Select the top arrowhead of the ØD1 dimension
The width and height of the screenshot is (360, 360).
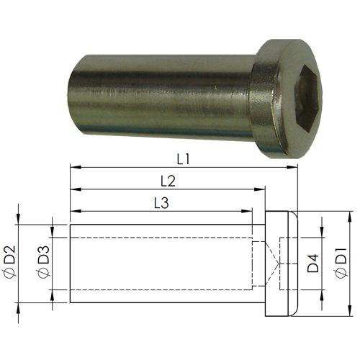point(349,215)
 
